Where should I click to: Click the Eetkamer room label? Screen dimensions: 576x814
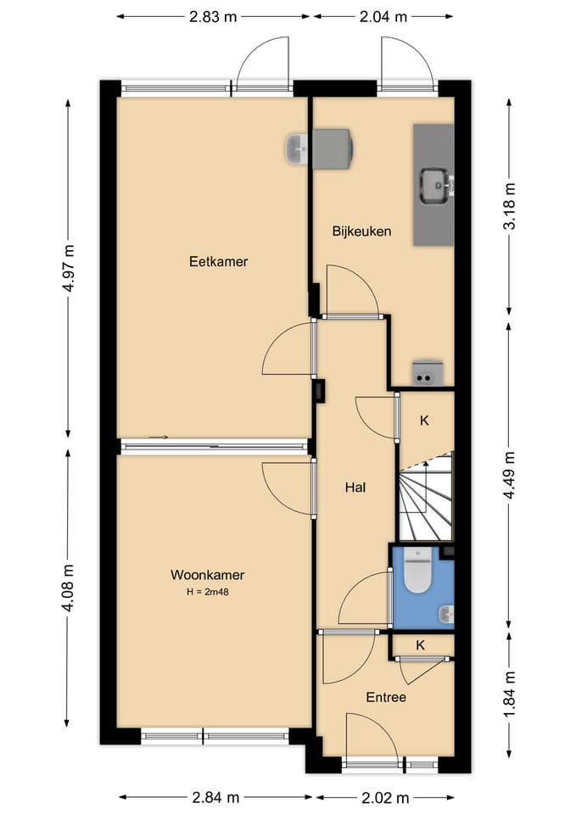point(218,262)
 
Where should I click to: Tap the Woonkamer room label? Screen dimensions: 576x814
point(207,575)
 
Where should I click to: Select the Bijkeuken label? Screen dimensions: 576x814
point(361,231)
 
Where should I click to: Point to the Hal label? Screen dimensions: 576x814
point(355,487)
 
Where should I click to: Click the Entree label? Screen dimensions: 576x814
point(386,697)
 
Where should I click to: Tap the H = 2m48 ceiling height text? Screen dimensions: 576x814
point(207,591)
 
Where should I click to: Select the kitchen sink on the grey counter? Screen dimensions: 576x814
point(435,186)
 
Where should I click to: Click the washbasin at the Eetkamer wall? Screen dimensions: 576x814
point(298,148)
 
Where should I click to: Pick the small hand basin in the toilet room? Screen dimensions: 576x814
point(446,615)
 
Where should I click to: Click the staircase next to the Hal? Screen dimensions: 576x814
point(425,497)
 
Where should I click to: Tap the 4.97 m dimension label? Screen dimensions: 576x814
point(69,268)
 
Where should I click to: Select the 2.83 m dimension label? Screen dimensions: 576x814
point(213,17)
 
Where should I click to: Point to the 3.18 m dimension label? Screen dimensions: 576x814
point(510,206)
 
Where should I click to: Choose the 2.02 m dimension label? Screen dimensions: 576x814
point(385,797)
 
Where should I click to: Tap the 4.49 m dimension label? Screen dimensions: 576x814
point(510,475)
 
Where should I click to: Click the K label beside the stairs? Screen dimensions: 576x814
point(424,421)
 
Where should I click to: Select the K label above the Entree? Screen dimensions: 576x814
point(421,644)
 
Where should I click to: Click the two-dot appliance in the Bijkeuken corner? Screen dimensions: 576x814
point(428,373)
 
